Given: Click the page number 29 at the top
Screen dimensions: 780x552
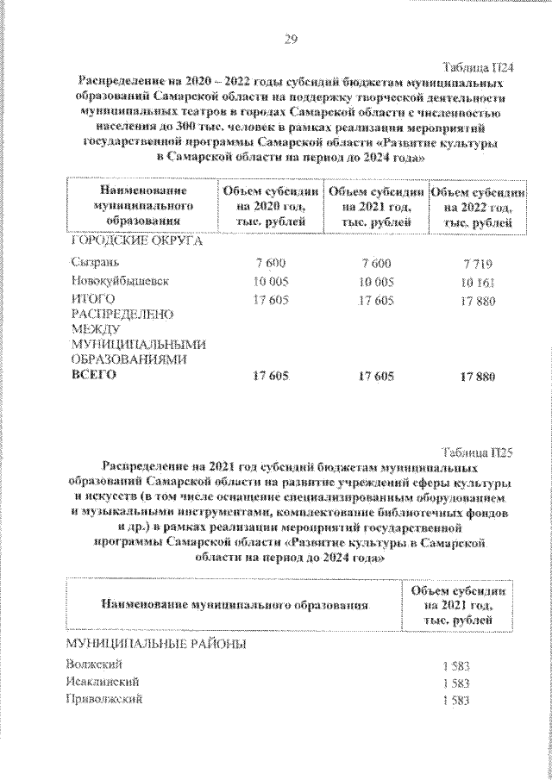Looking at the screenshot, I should (x=290, y=38).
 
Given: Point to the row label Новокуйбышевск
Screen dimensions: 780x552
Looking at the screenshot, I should (x=118, y=281).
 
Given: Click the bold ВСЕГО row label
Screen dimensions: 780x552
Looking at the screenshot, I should (x=90, y=377).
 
